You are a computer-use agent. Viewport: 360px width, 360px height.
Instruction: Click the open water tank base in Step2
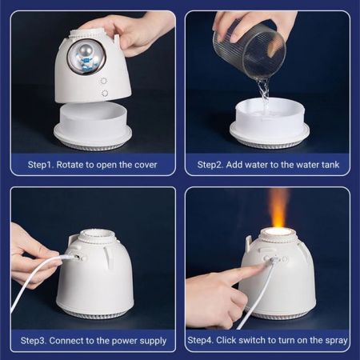click(x=269, y=123)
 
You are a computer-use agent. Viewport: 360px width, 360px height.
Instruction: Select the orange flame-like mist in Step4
click(x=278, y=210)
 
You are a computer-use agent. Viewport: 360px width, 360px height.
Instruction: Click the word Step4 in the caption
click(x=203, y=341)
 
